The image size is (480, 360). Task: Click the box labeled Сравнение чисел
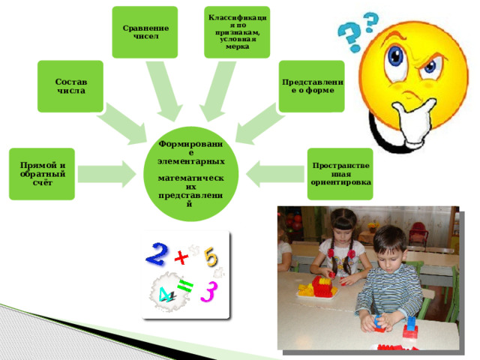click(145, 32)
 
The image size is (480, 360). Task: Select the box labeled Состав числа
click(70, 86)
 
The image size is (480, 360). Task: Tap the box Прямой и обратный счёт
click(42, 174)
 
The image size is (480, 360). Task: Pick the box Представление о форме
click(312, 86)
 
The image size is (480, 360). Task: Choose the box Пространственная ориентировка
click(340, 174)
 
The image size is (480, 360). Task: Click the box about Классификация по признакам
click(237, 32)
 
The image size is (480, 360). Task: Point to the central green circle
click(190, 174)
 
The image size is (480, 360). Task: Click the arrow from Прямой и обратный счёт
click(106, 174)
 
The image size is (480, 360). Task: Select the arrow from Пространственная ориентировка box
click(275, 174)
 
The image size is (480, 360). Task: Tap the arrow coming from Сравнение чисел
click(163, 90)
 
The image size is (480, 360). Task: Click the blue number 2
click(157, 254)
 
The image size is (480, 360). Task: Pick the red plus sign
click(181, 257)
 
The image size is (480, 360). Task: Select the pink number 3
click(209, 292)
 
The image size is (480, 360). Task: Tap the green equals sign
click(185, 286)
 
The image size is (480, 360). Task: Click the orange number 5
click(211, 256)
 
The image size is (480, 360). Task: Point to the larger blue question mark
click(350, 37)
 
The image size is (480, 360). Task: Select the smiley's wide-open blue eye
click(396, 57)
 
